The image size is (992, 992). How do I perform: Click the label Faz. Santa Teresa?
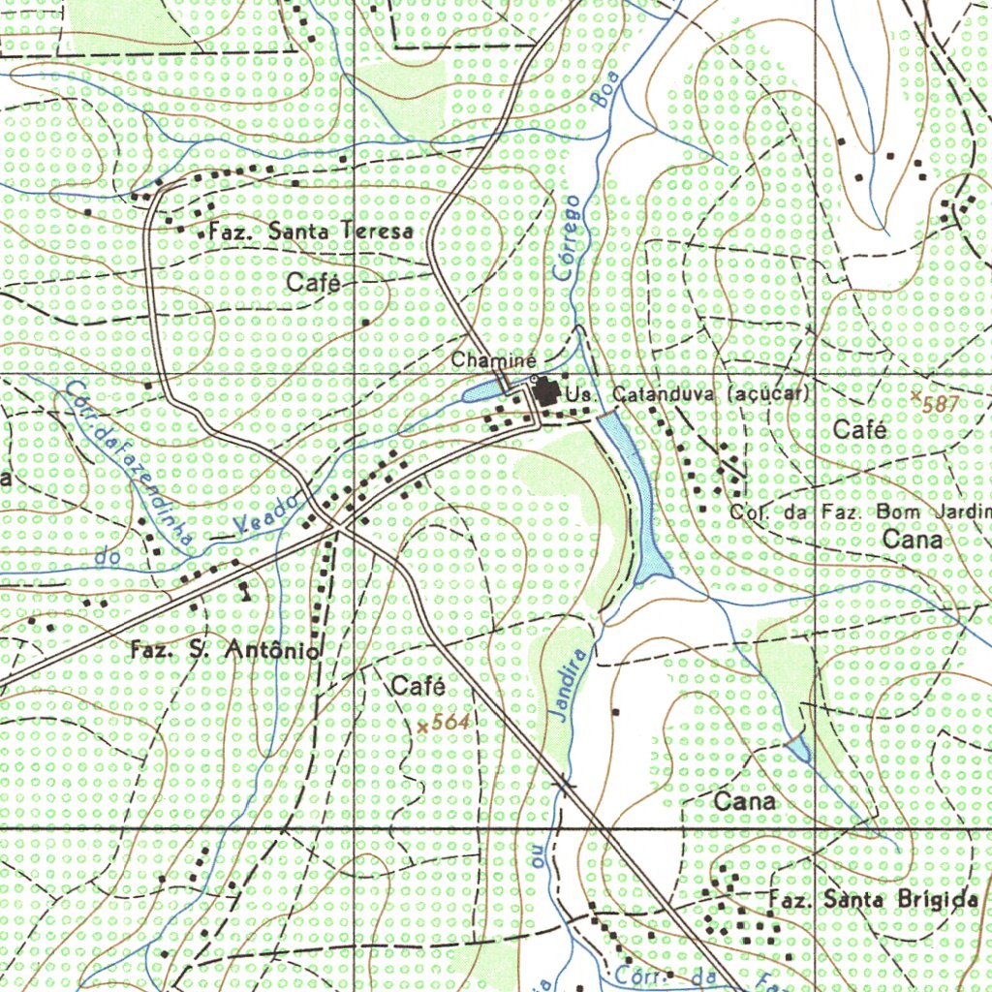pos(310,232)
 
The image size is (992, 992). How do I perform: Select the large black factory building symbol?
pos(546,392)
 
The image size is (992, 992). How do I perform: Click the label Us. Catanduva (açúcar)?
pos(688,395)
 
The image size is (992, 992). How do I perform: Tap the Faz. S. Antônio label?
pos(224,652)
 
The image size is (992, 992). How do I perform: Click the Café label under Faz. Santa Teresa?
pos(315,283)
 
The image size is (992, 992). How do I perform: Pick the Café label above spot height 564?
pos(418,687)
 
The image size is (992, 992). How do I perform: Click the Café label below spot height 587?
pos(859,431)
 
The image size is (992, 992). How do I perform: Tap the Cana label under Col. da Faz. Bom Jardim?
pos(913,540)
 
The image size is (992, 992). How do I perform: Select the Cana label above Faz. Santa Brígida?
pos(745,802)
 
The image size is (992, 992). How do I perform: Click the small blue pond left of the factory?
pos(481,392)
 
